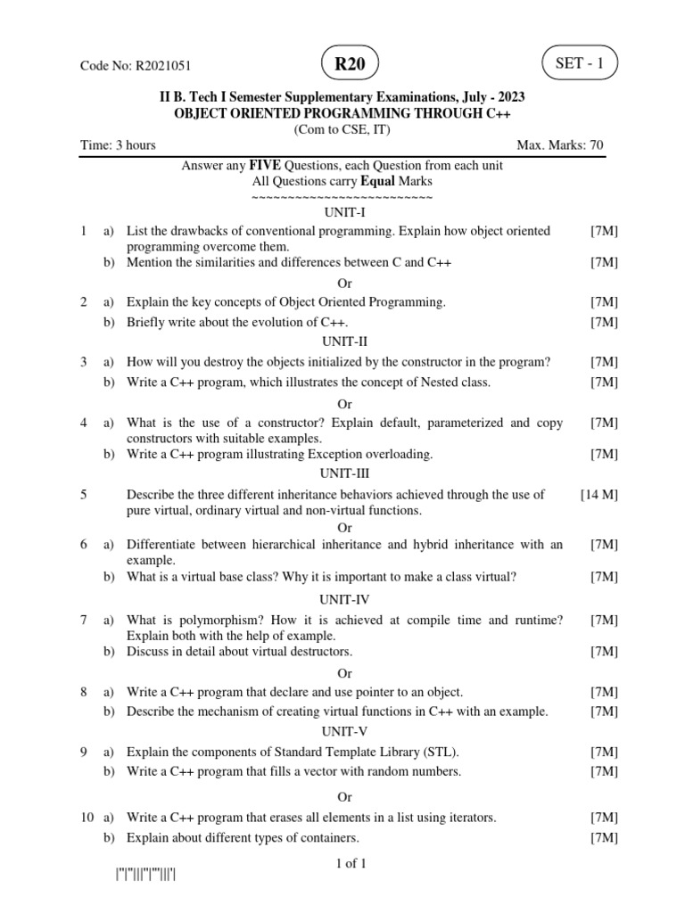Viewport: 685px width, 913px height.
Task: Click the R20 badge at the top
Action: coord(350,64)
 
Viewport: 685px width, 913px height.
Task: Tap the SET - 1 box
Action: coord(579,64)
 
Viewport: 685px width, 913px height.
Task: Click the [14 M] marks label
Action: coord(599,495)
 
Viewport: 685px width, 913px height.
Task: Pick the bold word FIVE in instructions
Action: coord(265,166)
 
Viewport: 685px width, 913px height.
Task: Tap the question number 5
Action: coord(83,495)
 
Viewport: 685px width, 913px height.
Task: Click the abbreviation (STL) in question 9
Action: coord(442,753)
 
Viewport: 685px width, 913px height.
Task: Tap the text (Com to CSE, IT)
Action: coord(342,130)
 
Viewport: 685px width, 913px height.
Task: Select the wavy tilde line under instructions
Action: coord(342,197)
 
